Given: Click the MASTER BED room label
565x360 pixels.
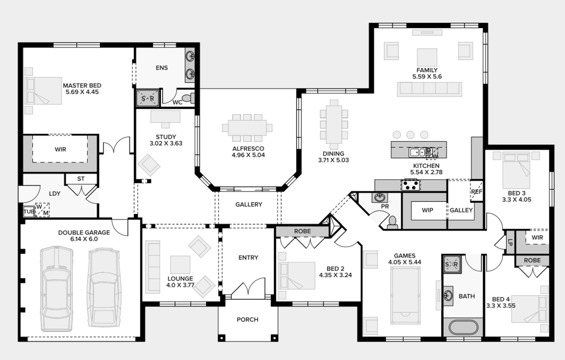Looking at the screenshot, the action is (82, 86).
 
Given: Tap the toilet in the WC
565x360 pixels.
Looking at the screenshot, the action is (188, 98).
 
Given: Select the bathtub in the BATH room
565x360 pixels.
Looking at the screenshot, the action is (463, 328).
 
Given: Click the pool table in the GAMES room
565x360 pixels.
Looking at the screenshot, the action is (405, 295).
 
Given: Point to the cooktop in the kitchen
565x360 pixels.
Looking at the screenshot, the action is (411, 185).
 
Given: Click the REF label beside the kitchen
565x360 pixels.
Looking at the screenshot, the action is (476, 192).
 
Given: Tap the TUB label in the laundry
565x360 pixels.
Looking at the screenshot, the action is (29, 212).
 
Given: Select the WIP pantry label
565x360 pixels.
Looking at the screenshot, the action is (428, 210).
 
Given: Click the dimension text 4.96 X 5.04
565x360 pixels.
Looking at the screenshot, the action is (248, 155).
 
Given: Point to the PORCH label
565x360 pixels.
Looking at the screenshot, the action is (248, 319).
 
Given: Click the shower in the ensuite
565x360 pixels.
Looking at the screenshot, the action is (148, 98).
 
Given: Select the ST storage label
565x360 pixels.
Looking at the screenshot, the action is (81, 179).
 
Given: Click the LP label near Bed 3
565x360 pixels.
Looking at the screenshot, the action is (510, 242).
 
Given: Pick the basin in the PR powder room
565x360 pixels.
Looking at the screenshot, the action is (379, 197).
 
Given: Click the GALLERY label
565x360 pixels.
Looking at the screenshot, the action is (249, 205).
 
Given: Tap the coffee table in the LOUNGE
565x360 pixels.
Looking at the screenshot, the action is (180, 264).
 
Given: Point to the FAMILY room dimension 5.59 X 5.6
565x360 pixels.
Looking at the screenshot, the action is (427, 76).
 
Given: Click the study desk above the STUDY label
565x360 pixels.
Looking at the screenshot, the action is (165, 117).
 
